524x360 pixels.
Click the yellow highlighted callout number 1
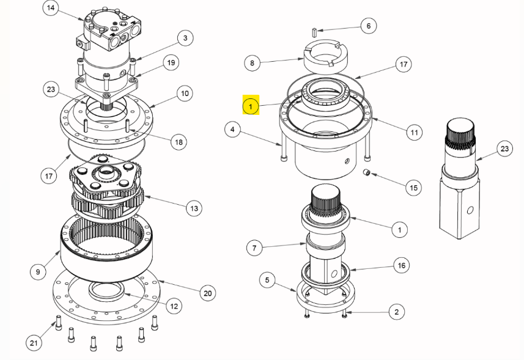click(251, 106)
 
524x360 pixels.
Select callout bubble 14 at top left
click(51, 9)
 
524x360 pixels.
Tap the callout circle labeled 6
click(367, 26)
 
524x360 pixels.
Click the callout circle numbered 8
click(252, 62)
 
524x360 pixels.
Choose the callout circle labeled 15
click(414, 187)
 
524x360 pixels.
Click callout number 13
click(193, 208)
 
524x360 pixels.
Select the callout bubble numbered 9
click(38, 271)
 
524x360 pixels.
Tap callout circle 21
click(34, 343)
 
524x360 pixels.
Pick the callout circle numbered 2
click(396, 312)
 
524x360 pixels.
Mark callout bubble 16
click(401, 265)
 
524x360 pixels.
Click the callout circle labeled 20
click(208, 293)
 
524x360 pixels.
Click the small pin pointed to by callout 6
click(312, 31)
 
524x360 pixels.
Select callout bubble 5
click(267, 281)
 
